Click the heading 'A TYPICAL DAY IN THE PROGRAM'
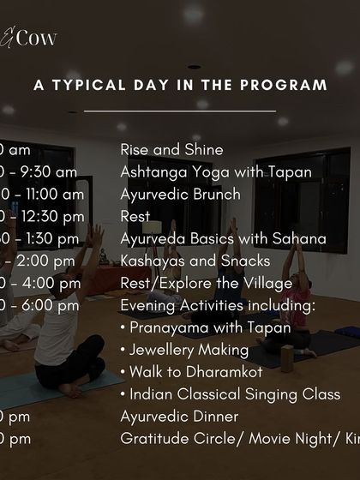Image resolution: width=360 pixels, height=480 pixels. click(180, 85)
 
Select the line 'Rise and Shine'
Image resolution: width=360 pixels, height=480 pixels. click(171, 150)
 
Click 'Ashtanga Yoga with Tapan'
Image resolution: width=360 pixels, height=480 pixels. click(215, 172)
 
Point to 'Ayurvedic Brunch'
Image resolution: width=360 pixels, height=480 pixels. click(180, 195)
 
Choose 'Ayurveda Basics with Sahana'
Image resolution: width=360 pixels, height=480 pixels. click(223, 238)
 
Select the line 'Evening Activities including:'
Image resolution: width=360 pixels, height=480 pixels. click(218, 305)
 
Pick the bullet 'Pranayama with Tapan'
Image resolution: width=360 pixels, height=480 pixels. click(205, 327)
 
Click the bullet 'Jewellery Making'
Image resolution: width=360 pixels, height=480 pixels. click(184, 350)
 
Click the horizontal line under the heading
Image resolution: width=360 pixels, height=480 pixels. click(180, 111)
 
